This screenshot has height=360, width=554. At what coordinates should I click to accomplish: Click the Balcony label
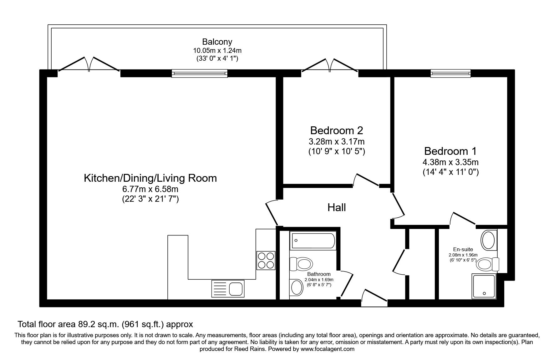tap(217, 42)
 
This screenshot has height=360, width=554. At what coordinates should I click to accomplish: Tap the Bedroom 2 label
tap(337, 130)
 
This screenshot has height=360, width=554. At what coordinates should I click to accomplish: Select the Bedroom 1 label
tap(450, 151)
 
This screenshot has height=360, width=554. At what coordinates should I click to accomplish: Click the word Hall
tap(337, 207)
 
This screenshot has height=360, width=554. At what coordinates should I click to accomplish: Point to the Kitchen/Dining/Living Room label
tap(150, 178)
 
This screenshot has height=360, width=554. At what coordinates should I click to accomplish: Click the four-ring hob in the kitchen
tap(266, 261)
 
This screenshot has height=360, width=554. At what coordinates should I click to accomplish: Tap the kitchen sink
tap(228, 288)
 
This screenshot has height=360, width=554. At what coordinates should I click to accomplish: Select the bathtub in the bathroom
tap(313, 241)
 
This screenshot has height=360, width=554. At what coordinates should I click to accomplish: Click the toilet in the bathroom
tap(301, 263)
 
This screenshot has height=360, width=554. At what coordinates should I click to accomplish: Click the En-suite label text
tap(463, 249)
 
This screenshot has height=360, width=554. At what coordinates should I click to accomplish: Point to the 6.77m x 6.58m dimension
tap(150, 189)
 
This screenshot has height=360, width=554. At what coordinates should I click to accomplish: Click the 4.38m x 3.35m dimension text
tap(450, 162)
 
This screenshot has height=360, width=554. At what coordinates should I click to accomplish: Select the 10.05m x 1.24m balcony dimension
tap(217, 50)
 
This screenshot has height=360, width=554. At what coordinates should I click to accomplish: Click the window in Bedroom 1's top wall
tap(450, 73)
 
